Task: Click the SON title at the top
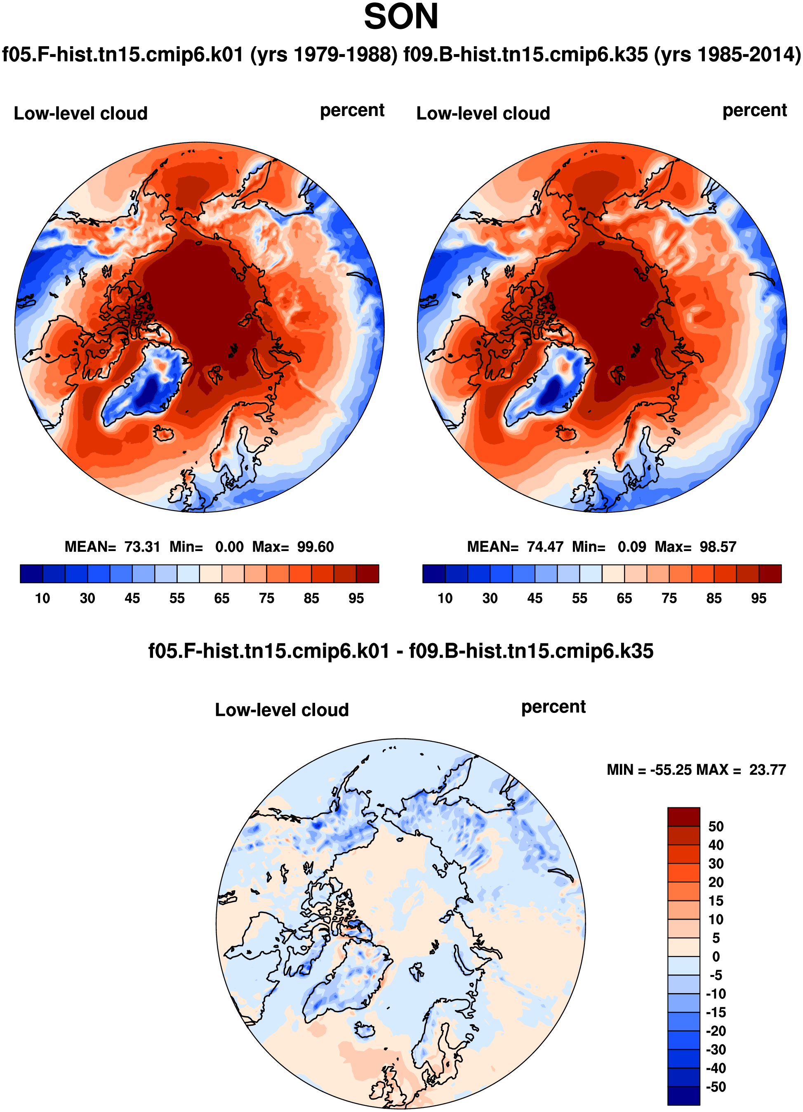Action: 401,17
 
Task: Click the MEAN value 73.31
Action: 142,547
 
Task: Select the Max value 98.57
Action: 718,547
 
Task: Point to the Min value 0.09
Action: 631,547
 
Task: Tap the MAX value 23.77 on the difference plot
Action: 767,770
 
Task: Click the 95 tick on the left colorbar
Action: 356,598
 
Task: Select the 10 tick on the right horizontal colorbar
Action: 445,598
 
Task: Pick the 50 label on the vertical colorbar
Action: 716,827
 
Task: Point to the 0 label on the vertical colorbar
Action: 716,956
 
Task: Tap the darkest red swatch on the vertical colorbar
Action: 683,817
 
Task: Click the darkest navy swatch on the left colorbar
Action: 31,574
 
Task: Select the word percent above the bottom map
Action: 553,707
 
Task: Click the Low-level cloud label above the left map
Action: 80,113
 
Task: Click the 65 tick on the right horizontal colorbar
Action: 624,598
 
